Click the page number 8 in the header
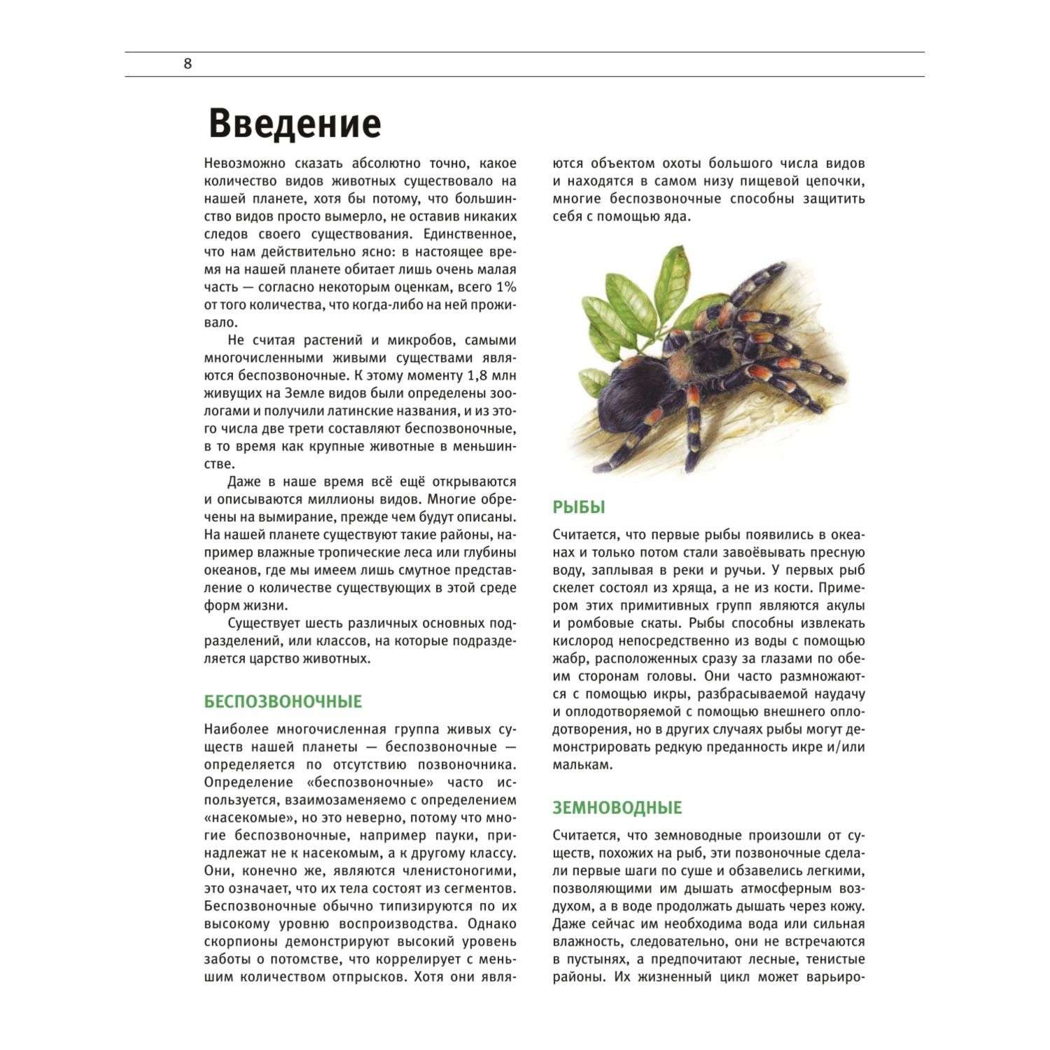click(187, 64)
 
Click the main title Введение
click(295, 123)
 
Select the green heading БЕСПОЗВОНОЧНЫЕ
click(283, 701)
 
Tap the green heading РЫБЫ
click(579, 507)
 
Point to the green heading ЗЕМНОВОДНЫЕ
click(617, 808)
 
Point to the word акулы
click(843, 605)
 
